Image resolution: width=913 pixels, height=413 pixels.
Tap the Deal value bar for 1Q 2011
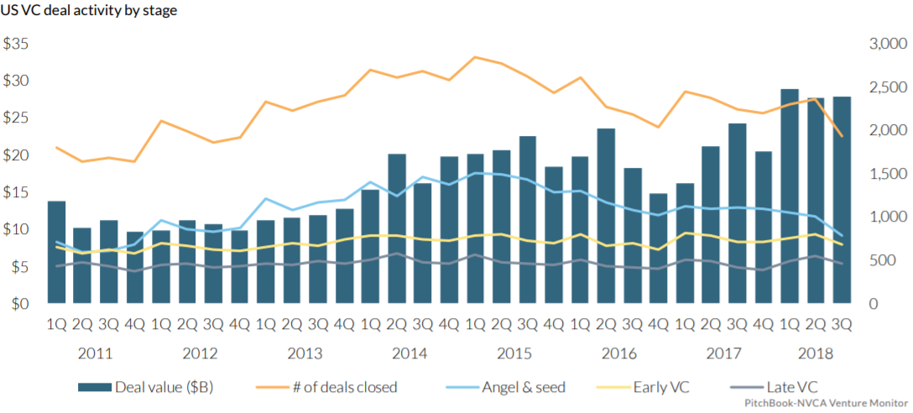coord(56,252)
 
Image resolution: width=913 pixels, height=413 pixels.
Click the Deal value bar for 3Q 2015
coord(527,219)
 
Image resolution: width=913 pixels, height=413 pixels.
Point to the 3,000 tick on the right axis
coord(887,44)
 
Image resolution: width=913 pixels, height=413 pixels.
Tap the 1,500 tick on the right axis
coord(887,174)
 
